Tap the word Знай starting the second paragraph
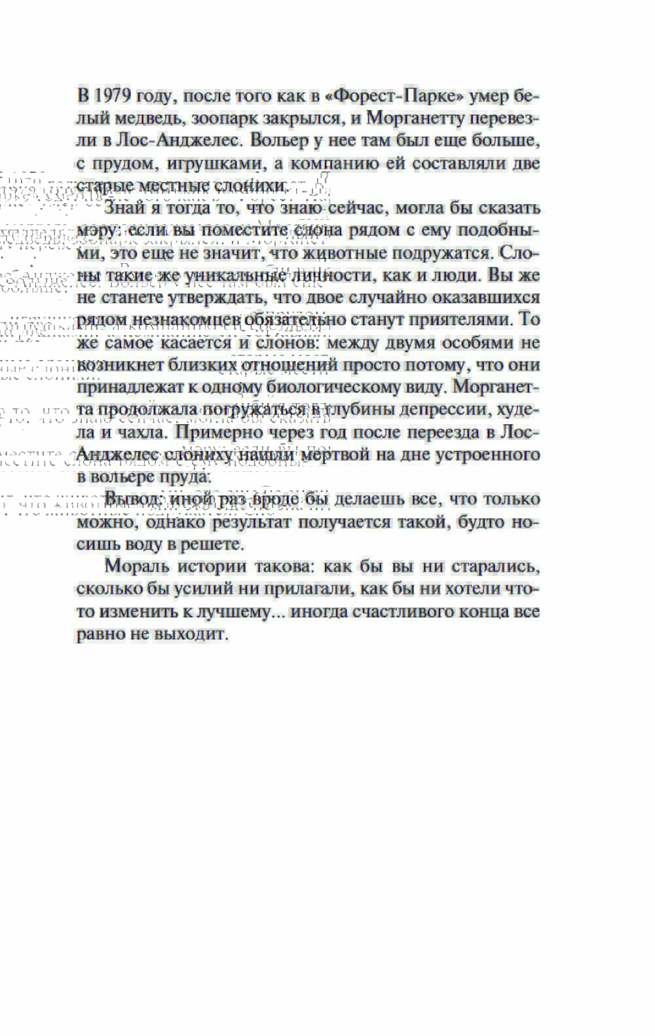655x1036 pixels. click(x=121, y=208)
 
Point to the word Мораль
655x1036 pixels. click(x=136, y=566)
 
